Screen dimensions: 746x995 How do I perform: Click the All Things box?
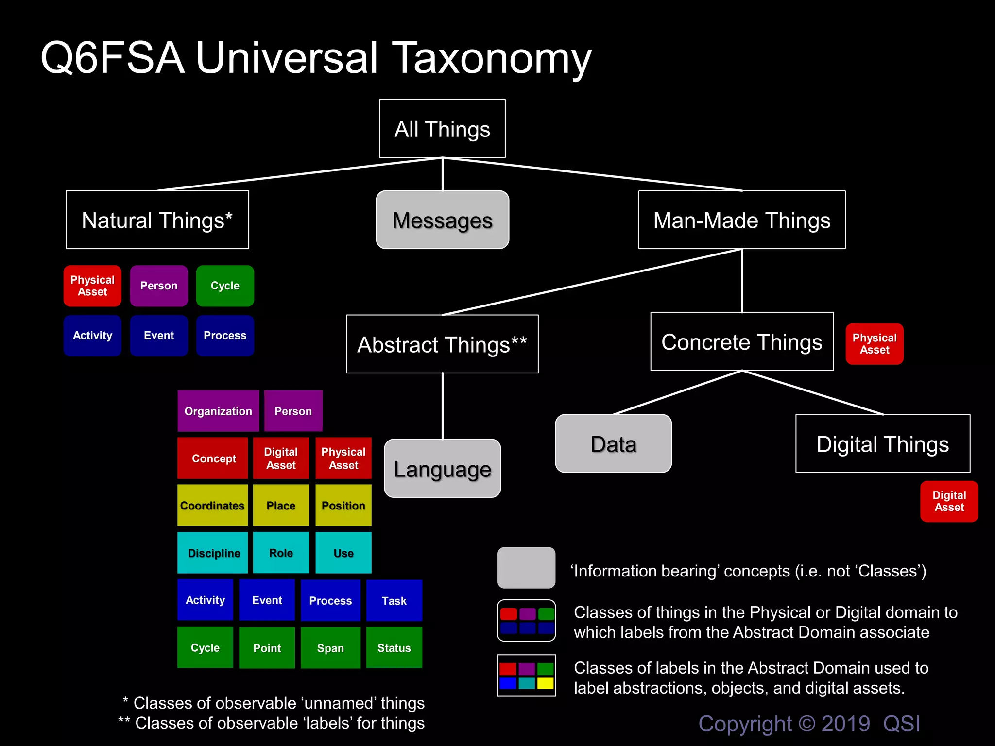pos(442,129)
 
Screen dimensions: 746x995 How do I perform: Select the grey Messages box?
pos(442,220)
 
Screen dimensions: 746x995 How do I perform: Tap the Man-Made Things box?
pos(741,220)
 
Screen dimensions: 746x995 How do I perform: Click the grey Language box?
pos(442,469)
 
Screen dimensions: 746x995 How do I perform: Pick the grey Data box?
pos(613,443)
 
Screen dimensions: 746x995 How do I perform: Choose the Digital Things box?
pos(882,443)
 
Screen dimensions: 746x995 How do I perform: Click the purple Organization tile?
pos(218,411)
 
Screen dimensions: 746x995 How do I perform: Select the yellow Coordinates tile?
pos(212,505)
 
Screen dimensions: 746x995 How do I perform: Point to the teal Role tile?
pos(281,553)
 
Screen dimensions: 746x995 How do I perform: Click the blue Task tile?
pos(394,600)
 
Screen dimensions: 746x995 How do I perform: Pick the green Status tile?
pos(394,647)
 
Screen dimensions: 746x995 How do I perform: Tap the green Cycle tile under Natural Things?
pos(225,286)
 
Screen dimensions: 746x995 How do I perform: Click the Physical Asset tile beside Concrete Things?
pos(875,344)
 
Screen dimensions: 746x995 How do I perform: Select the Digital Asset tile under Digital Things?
pos(949,501)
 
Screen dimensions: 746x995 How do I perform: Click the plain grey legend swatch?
pos(526,567)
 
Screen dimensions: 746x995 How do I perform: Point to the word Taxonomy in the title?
pos(491,58)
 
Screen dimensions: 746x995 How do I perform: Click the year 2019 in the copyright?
pos(845,724)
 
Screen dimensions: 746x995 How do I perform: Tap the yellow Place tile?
pos(281,505)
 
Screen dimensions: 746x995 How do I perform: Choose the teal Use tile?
pos(343,553)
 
